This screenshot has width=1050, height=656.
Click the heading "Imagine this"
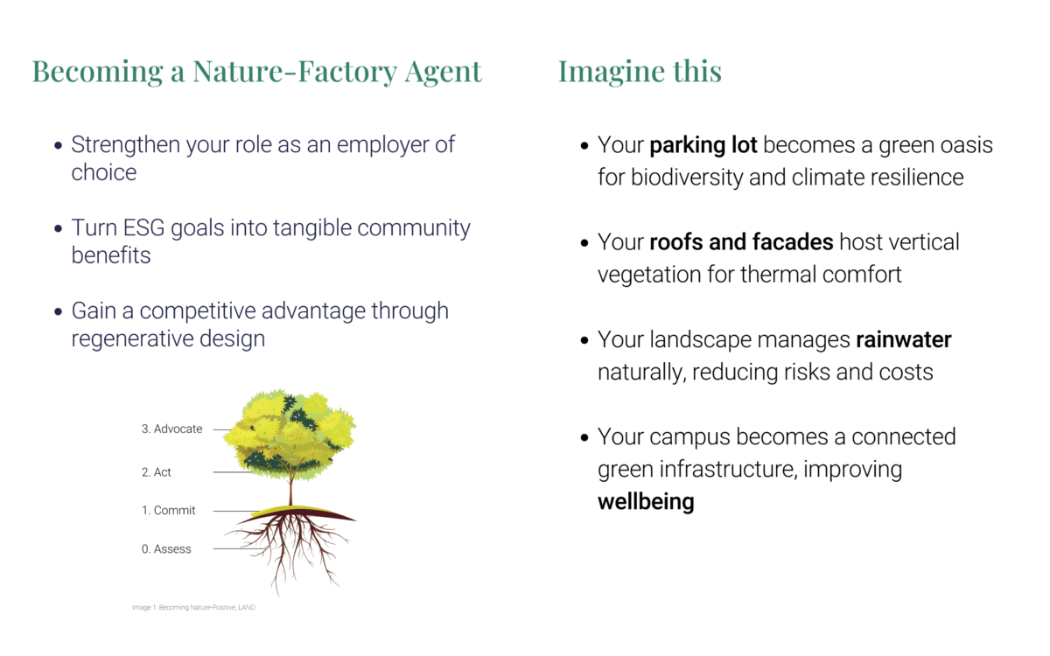tap(640, 72)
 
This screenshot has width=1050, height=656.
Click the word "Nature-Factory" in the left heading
tap(295, 72)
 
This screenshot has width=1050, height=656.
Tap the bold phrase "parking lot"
tap(703, 145)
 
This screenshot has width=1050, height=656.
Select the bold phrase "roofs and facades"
tap(742, 242)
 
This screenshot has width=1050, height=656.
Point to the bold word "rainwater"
tap(904, 339)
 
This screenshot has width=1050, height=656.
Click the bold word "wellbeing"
tap(646, 501)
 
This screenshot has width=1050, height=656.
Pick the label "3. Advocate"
tap(172, 429)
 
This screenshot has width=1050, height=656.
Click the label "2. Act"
tap(156, 471)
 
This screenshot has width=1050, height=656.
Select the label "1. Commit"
tap(168, 510)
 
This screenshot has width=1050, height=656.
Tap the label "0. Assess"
tap(166, 548)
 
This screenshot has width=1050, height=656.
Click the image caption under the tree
tap(193, 607)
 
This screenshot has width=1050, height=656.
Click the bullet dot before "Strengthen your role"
tap(58, 146)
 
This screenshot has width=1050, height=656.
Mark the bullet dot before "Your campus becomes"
tap(584, 437)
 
